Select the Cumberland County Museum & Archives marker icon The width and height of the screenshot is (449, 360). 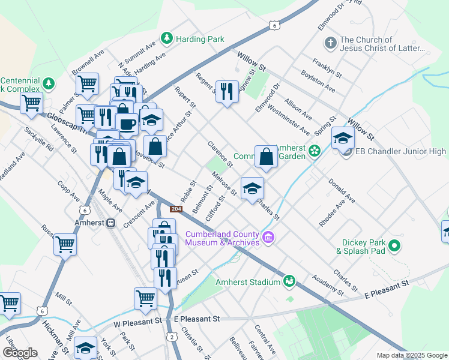click(268, 238)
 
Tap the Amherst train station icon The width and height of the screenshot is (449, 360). click(110, 223)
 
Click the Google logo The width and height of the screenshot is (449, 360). click(20, 352)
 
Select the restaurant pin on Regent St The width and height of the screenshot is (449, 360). click(226, 92)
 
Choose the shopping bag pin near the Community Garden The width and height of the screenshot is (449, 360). click(266, 157)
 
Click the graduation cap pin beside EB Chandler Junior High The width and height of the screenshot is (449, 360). click(343, 140)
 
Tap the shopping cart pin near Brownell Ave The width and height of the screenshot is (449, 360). click(88, 84)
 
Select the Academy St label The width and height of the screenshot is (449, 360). click(327, 285)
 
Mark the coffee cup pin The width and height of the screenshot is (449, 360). click(127, 124)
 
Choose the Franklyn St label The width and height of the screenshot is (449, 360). click(327, 68)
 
